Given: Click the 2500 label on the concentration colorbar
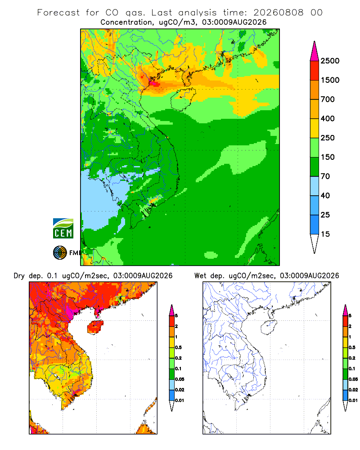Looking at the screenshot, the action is click(x=330, y=61).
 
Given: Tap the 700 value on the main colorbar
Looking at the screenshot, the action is click(x=328, y=99).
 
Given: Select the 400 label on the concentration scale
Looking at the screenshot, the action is click(x=328, y=118).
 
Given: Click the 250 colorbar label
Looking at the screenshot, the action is click(x=328, y=138).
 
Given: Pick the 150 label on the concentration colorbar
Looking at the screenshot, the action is click(x=328, y=157).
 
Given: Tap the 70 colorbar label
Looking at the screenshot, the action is click(x=325, y=176).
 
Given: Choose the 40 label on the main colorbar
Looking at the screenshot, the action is click(x=325, y=195).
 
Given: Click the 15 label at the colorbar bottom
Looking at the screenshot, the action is click(x=325, y=234).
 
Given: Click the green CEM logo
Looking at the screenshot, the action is click(x=63, y=229).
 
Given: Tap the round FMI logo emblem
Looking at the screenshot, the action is click(x=60, y=252).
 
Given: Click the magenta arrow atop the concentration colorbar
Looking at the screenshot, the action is click(x=315, y=51).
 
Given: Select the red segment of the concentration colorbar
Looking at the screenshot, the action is click(x=315, y=71).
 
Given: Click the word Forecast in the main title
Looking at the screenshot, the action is click(x=58, y=13).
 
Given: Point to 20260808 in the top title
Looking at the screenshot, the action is click(x=278, y=13).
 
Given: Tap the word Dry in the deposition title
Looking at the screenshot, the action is click(x=19, y=276).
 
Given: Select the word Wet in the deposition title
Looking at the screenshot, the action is click(x=200, y=276).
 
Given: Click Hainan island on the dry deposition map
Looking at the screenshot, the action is click(x=95, y=327).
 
